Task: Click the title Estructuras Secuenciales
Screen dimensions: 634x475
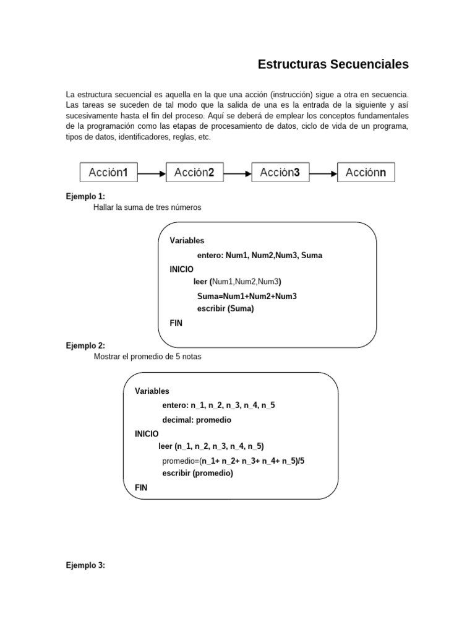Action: coord(333,64)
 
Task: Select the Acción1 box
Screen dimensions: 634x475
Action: coord(108,173)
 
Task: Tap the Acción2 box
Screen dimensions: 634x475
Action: coord(194,173)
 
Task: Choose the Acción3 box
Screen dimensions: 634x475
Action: coord(280,173)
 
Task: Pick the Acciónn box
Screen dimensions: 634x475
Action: coord(366,173)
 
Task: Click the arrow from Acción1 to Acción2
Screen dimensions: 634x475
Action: coord(151,174)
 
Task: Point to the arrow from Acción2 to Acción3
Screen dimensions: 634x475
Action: coord(237,174)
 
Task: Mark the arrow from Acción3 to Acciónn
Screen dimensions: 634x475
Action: coord(322,174)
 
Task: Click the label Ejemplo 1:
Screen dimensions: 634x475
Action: coord(85,196)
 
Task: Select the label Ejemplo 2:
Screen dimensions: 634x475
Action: coord(85,345)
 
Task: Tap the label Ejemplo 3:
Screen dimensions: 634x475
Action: coord(85,565)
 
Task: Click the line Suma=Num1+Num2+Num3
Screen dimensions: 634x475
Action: coord(247,296)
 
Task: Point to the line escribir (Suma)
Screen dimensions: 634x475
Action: coord(225,308)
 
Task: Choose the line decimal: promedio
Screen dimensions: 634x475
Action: coord(197,420)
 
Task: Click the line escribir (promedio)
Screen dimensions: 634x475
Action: coord(197,473)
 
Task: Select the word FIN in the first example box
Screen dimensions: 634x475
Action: coord(176,323)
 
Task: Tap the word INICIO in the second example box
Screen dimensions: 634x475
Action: coord(147,433)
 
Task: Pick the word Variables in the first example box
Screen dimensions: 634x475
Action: coord(187,240)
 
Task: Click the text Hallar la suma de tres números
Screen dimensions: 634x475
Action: coord(147,207)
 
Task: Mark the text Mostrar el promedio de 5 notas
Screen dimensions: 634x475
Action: coord(147,357)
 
